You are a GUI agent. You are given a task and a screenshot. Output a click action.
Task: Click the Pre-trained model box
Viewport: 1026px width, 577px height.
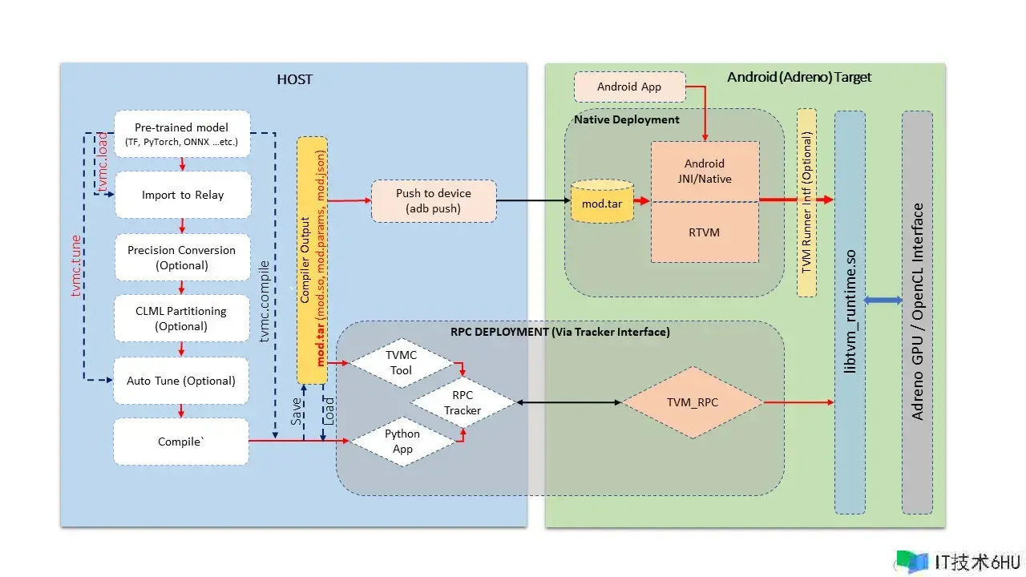point(182,134)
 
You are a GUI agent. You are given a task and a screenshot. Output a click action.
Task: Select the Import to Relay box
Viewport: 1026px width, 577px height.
point(182,195)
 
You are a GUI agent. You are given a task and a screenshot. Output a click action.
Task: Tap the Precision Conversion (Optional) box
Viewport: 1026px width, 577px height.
point(182,257)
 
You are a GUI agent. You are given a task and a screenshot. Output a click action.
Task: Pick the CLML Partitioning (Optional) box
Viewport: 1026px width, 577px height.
point(182,318)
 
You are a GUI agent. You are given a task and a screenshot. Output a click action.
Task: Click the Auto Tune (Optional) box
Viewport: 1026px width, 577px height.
point(182,381)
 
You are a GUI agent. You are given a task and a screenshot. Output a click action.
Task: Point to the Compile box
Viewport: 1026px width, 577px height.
point(182,442)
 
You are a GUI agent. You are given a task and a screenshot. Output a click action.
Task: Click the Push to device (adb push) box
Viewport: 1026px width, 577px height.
point(434,201)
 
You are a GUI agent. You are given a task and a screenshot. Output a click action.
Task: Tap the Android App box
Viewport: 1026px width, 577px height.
point(629,87)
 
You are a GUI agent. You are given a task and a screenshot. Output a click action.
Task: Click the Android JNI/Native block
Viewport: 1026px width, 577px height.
point(705,171)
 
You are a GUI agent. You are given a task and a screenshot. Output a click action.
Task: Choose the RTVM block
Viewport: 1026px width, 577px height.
point(705,232)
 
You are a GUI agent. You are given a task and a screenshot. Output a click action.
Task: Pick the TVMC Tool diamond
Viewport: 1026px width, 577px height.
point(401,363)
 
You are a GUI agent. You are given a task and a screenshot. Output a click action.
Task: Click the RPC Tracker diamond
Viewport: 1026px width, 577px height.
point(463,402)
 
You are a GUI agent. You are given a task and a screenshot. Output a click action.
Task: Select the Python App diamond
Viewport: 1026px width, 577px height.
point(402,441)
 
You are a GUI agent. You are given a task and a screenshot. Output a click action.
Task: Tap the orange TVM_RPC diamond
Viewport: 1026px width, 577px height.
point(693,402)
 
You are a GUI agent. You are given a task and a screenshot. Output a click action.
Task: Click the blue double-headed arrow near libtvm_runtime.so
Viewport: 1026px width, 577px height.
point(883,300)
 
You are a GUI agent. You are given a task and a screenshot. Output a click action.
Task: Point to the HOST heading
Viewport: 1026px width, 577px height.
point(294,79)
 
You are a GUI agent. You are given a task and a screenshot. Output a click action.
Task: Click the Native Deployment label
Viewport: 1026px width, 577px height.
point(627,119)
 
